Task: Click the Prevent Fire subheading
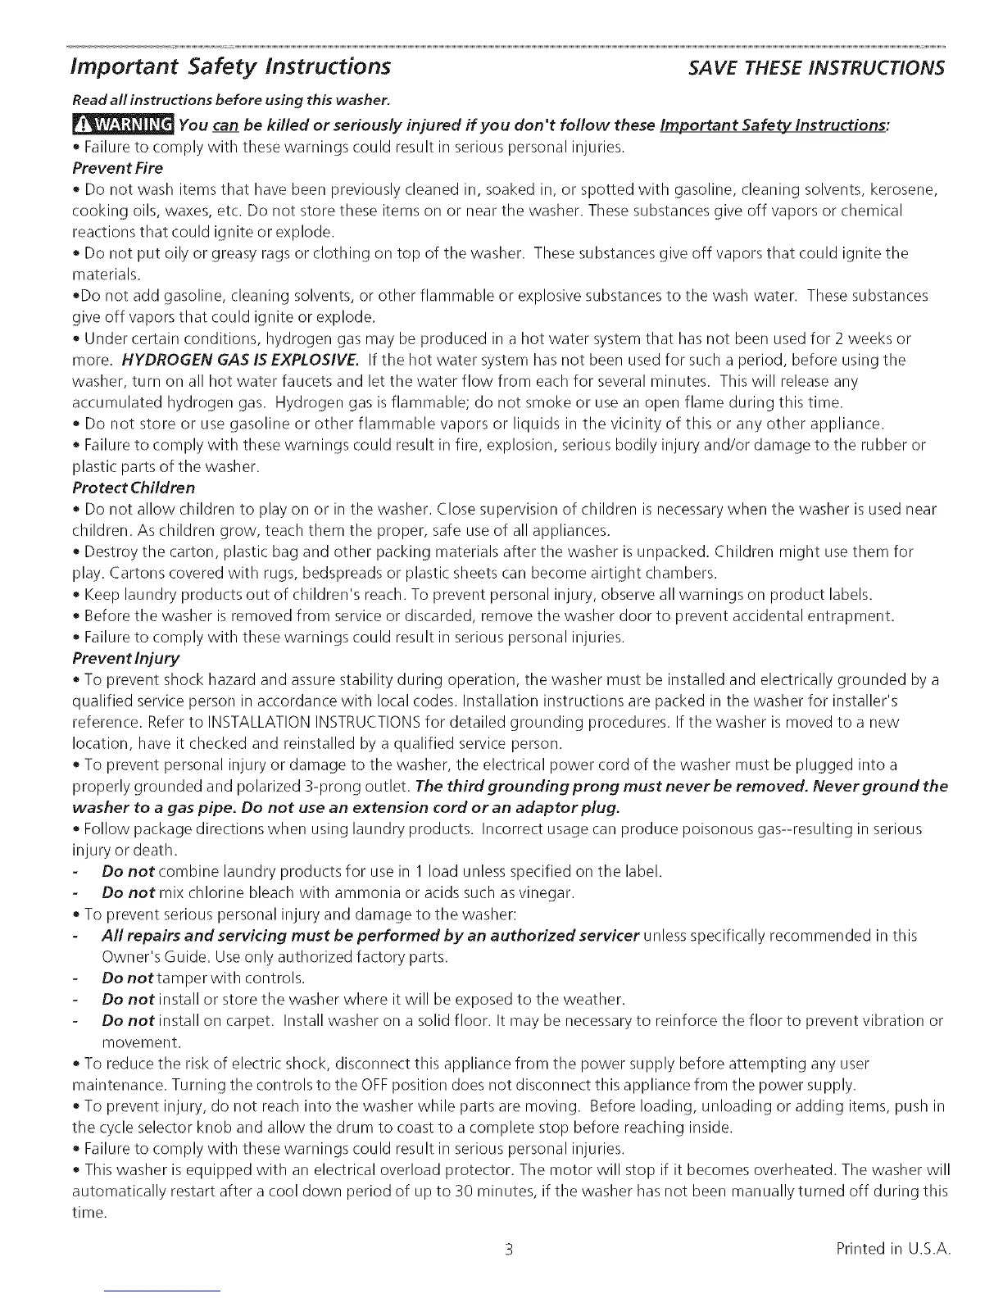tap(117, 168)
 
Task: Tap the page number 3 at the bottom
tap(508, 1250)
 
